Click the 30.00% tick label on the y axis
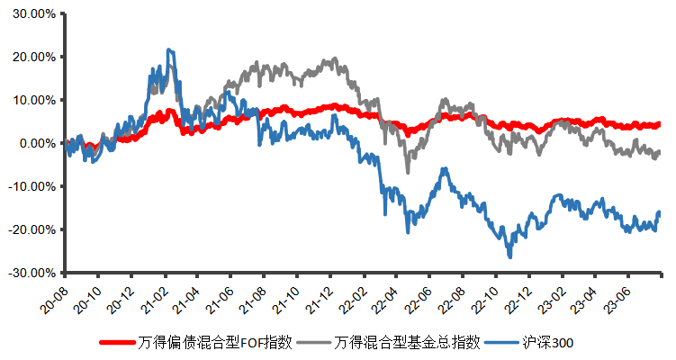[x=32, y=13]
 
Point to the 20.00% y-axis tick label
[x=32, y=57]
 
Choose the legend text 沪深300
[x=546, y=342]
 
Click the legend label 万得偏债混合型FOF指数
[x=216, y=342]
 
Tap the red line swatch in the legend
[x=117, y=342]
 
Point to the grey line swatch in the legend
[x=311, y=342]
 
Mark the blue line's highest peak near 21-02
[x=168, y=50]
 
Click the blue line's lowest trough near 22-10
[x=509, y=256]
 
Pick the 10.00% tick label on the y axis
[x=32, y=100]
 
